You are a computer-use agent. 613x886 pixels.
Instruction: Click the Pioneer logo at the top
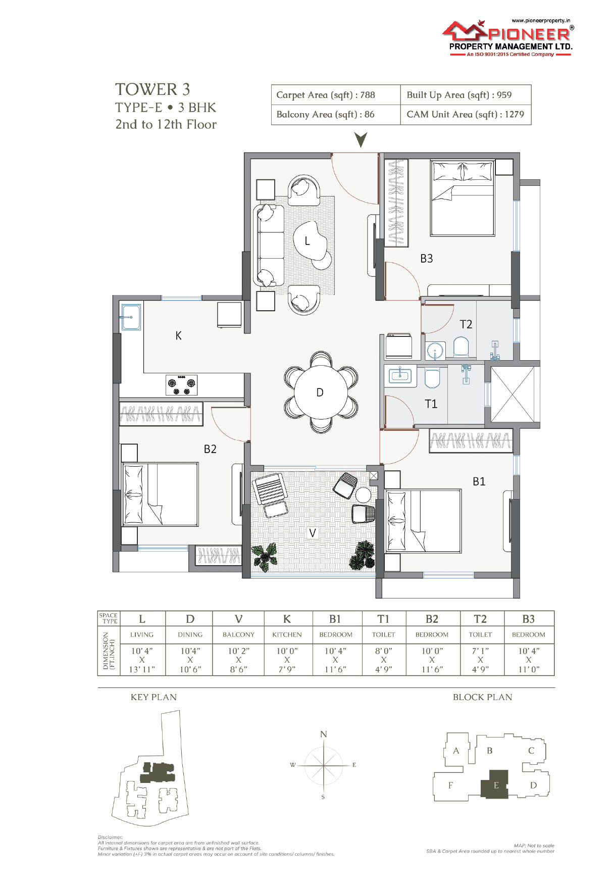[x=507, y=38]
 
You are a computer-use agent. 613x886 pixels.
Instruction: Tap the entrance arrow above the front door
[x=361, y=140]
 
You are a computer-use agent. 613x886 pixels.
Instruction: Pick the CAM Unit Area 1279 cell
[x=466, y=115]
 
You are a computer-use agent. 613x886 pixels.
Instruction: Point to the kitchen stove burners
[x=182, y=385]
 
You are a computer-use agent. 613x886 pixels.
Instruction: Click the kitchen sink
[x=131, y=317]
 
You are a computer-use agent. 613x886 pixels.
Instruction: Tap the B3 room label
[x=427, y=259]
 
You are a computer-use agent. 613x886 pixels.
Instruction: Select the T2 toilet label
[x=466, y=324]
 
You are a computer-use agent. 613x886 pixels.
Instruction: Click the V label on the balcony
[x=313, y=533]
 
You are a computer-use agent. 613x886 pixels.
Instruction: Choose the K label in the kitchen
[x=178, y=336]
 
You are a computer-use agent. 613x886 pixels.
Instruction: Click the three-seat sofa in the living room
[x=269, y=245]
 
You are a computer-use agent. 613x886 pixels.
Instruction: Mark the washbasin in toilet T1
[x=400, y=375]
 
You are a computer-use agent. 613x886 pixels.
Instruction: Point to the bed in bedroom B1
[x=423, y=521]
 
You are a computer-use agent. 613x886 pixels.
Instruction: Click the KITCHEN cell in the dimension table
[x=287, y=635]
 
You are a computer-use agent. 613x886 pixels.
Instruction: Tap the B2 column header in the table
[x=432, y=619]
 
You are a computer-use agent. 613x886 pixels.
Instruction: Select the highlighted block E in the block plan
[x=494, y=784]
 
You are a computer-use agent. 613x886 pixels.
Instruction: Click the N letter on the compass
[x=324, y=734]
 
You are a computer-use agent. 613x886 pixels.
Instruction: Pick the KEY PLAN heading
[x=154, y=697]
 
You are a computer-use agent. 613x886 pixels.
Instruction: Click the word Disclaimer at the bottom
[x=110, y=837]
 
